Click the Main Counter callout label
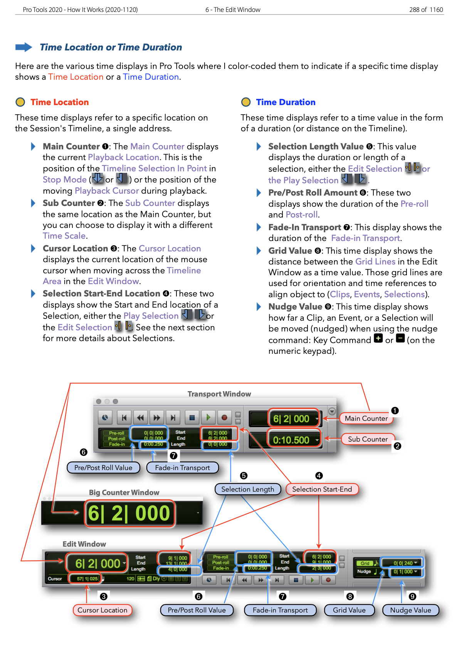[366, 418]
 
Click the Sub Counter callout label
[368, 439]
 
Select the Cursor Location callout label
[102, 610]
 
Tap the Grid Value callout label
[349, 610]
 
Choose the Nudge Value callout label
[410, 610]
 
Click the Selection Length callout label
[247, 489]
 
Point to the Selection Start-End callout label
[322, 489]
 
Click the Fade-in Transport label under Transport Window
[182, 468]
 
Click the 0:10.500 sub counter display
[291, 440]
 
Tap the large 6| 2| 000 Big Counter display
[129, 514]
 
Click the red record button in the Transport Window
[224, 418]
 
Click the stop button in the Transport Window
[192, 418]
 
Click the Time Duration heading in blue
[286, 102]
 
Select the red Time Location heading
[60, 102]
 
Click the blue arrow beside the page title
[24, 47]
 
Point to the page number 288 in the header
[414, 10]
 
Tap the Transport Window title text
[219, 394]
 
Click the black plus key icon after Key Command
[378, 339]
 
